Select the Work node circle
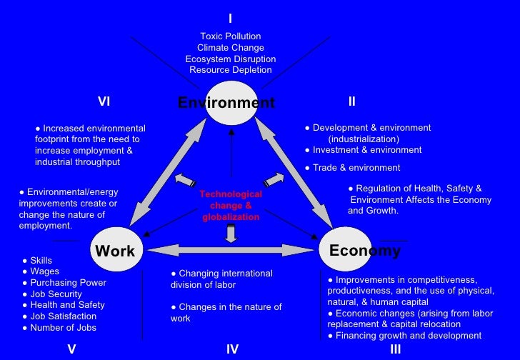point(115,250)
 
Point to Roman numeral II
point(351,101)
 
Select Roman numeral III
point(396,349)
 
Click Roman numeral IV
point(232,349)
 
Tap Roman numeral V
point(71,349)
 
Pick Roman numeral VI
point(104,101)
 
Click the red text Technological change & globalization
point(231,206)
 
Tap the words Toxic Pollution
point(231,36)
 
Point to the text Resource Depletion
point(231,70)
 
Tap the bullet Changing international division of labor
point(221,279)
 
